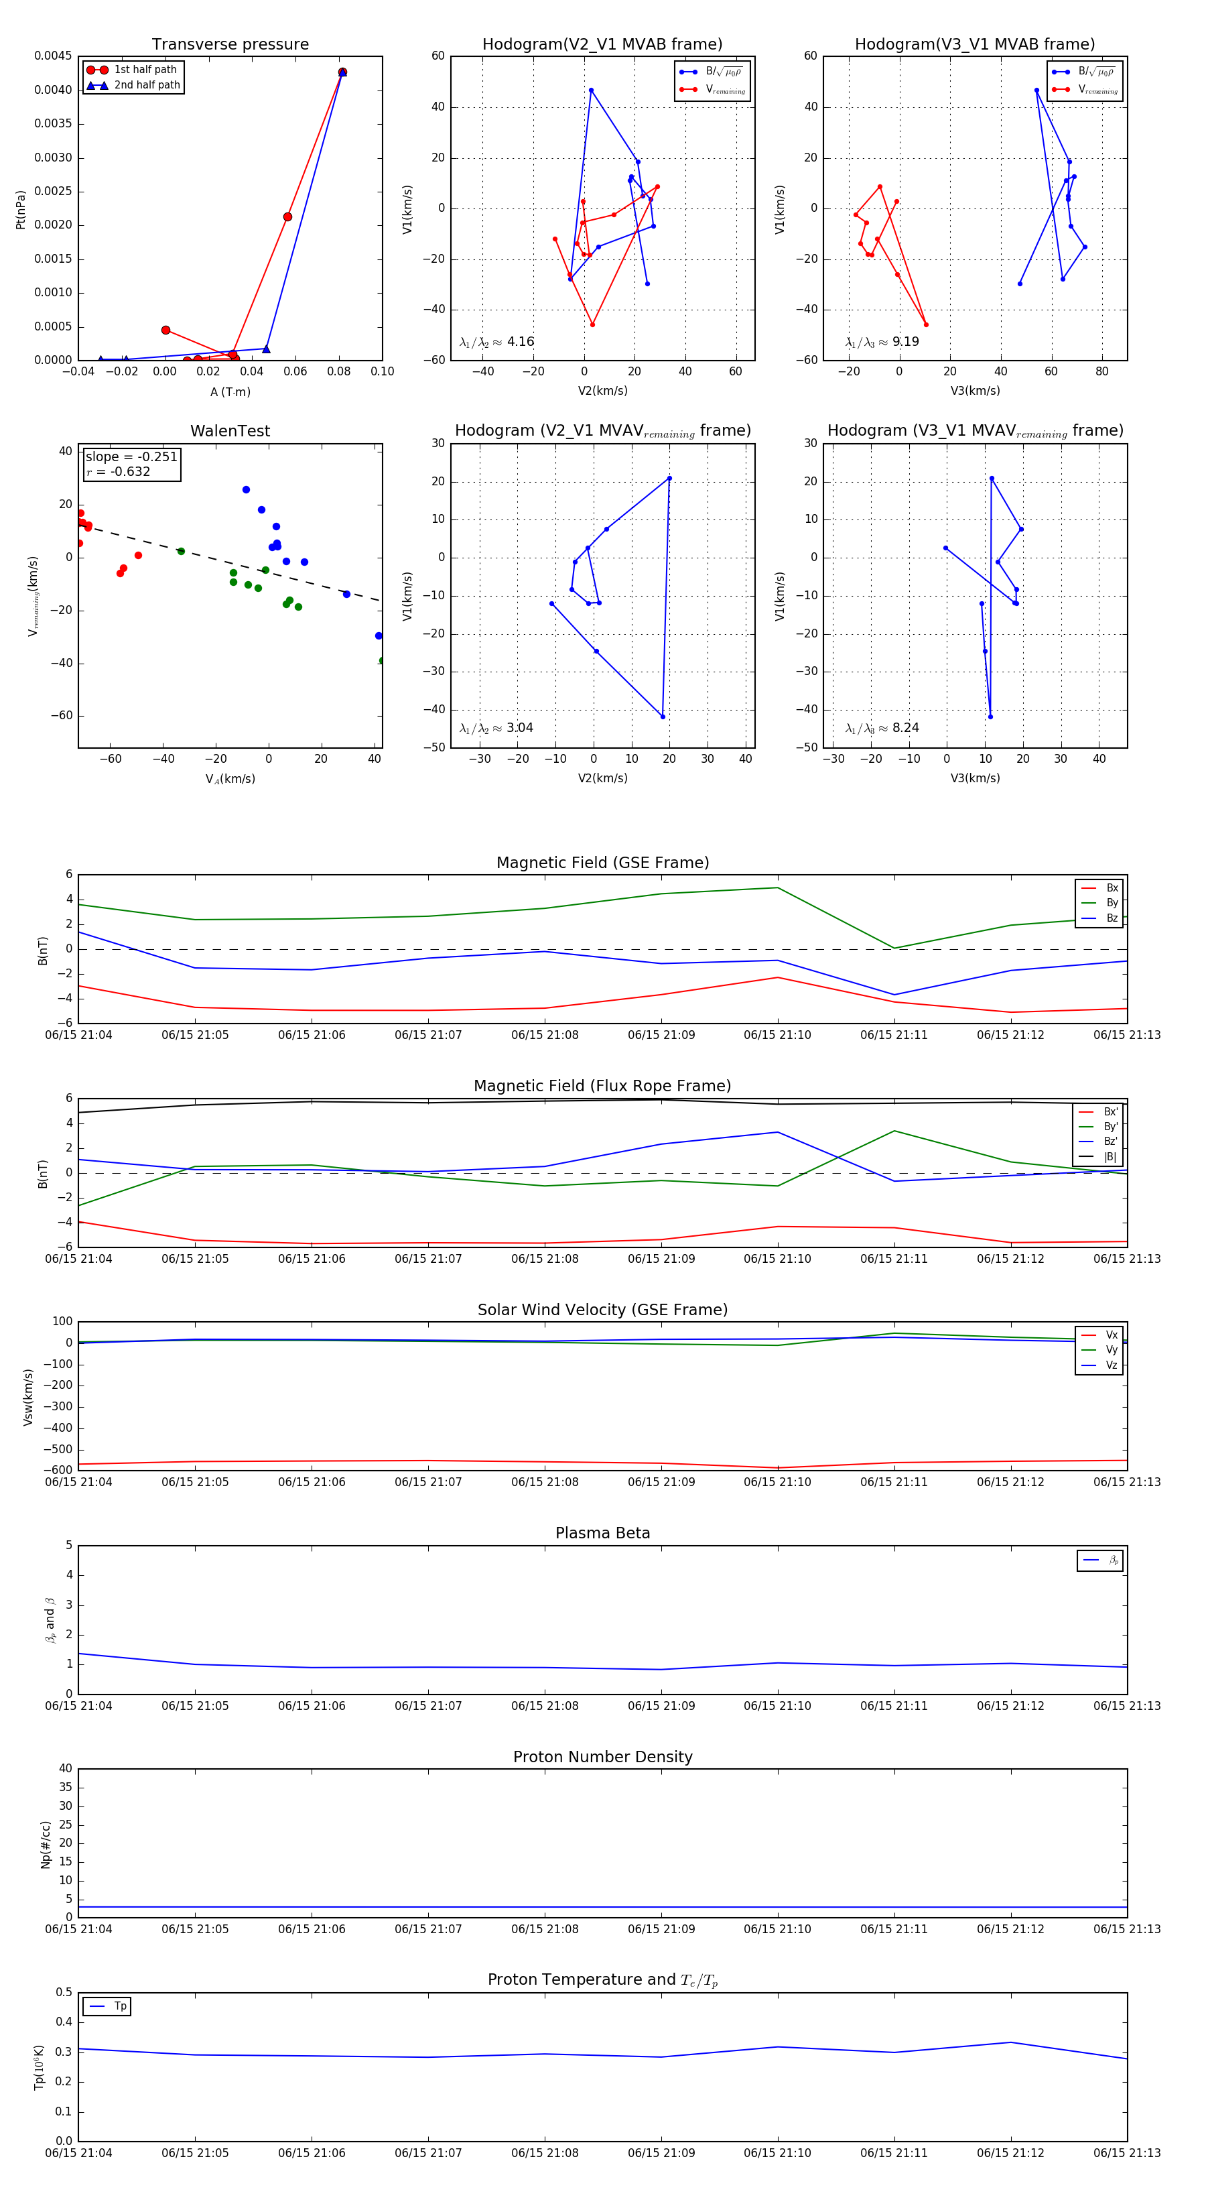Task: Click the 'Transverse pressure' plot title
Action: tap(230, 45)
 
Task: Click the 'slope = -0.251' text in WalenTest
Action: tap(131, 457)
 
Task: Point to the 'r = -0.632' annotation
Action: tap(119, 471)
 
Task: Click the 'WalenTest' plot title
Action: tap(230, 431)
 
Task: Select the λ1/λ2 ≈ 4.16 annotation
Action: tap(497, 342)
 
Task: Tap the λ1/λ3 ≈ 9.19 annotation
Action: tap(882, 342)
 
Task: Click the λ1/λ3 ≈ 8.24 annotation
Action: tap(882, 728)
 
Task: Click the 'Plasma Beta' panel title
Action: tap(602, 1533)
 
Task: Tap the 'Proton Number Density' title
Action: tap(602, 1757)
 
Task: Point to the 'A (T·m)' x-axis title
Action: tap(230, 392)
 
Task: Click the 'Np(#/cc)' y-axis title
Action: tap(46, 1845)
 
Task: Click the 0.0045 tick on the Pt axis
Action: tap(53, 56)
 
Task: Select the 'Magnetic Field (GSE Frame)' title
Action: tap(602, 863)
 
